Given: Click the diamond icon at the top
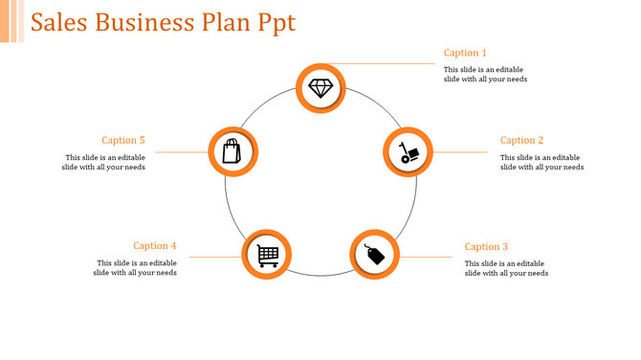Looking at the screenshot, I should pyautogui.click(x=320, y=88).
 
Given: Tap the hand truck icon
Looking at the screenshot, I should pyautogui.click(x=409, y=152).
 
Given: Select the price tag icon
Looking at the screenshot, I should pyautogui.click(x=375, y=255).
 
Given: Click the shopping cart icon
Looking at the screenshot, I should pyautogui.click(x=268, y=255).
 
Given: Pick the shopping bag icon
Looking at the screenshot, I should pyautogui.click(x=232, y=151).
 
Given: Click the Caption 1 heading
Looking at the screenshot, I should pyautogui.click(x=465, y=53).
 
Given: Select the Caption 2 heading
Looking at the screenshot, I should pyautogui.click(x=521, y=140).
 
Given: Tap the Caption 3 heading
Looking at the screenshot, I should pyautogui.click(x=486, y=246).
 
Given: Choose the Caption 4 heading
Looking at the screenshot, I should pyautogui.click(x=155, y=245).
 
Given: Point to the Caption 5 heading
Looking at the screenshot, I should pyautogui.click(x=123, y=140).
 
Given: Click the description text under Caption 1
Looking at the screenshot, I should pyautogui.click(x=485, y=75).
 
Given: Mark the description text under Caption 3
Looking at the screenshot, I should pyautogui.click(x=506, y=268).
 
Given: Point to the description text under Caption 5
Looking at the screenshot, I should pyautogui.click(x=105, y=162).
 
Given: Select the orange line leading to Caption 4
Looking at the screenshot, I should pyautogui.click(x=215, y=257).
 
